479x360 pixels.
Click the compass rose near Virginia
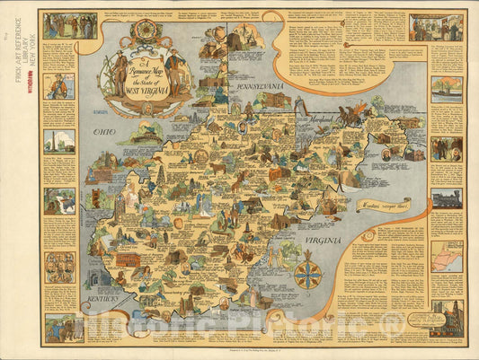click(308, 272)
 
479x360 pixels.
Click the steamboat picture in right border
click(447, 89)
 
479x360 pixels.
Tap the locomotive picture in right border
click(447, 198)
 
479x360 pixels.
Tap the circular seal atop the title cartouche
click(144, 33)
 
